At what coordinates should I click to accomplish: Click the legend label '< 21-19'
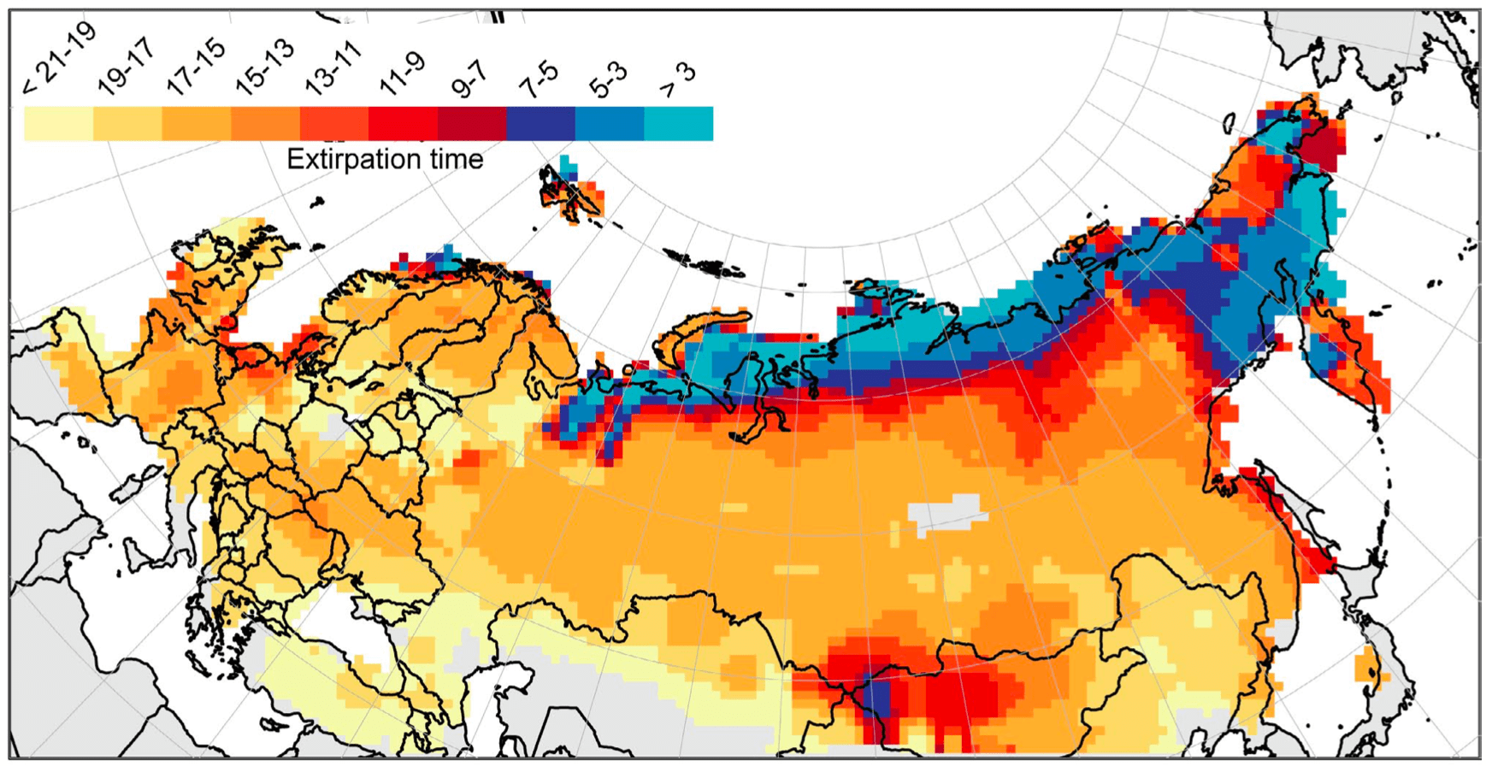point(59,59)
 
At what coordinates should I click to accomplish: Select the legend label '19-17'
point(127,65)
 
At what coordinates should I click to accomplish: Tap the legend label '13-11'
point(333,67)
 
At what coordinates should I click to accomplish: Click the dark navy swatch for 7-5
point(540,123)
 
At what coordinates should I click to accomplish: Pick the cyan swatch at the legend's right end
point(678,123)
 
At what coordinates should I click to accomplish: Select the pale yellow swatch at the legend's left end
point(58,123)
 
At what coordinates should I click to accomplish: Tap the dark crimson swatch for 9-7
point(471,123)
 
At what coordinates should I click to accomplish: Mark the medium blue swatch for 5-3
point(609,123)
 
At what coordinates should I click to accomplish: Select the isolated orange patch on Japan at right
point(1369,668)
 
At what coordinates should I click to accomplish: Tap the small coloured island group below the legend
point(571,190)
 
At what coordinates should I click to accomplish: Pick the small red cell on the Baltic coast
point(227,322)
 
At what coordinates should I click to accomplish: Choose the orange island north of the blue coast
point(701,328)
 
